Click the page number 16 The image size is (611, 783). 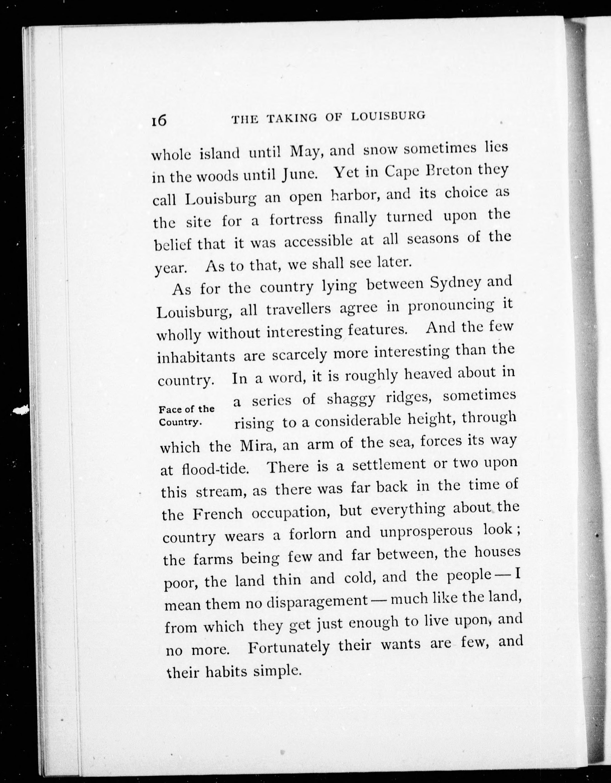click(158, 120)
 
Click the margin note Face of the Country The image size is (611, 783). click(186, 415)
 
